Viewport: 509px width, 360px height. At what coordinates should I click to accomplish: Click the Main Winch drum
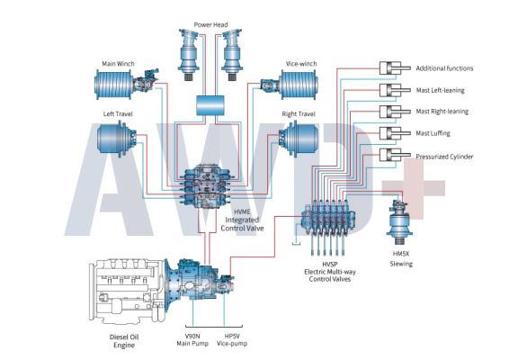113,85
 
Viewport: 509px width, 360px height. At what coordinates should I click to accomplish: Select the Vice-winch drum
298,85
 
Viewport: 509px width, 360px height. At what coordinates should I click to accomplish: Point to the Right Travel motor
299,139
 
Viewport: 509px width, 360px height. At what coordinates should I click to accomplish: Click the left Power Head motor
189,55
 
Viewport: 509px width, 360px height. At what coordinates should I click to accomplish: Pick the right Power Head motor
232,55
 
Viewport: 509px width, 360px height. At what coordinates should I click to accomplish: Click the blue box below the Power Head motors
210,105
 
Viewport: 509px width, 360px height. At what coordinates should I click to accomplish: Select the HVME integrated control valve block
207,186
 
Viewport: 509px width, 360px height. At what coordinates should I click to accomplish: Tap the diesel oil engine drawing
128,292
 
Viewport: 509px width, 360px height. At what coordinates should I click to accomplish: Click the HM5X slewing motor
399,222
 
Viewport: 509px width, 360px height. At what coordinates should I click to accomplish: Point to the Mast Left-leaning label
440,90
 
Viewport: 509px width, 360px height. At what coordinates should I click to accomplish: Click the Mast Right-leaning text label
442,112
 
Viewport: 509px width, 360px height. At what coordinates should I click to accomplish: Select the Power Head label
210,24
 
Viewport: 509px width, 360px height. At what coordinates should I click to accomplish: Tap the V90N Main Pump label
192,340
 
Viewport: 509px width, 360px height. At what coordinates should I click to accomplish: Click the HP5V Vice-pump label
232,340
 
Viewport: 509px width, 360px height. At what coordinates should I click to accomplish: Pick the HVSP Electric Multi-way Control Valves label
330,272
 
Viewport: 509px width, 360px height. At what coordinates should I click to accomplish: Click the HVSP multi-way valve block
328,219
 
